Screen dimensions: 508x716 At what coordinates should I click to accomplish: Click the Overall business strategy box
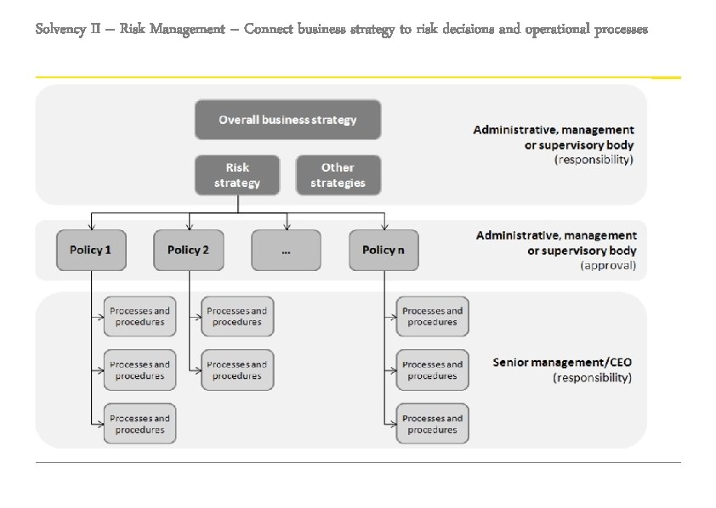pos(287,120)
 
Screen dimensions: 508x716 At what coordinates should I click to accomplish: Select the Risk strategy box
pos(237,175)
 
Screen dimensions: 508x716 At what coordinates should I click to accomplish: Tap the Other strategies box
pos(338,175)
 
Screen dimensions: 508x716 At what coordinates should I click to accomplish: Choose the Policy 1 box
pos(91,250)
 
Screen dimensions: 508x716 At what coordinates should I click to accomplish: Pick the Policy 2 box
pos(188,250)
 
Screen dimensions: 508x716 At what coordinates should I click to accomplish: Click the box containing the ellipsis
pos(286,250)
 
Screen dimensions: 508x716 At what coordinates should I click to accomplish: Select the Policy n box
pos(384,250)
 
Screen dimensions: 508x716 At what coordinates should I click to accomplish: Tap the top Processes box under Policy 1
pos(139,316)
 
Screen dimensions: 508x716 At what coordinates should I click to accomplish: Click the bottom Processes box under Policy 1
pos(139,424)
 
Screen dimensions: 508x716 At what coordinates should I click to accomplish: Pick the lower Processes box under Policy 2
pos(237,370)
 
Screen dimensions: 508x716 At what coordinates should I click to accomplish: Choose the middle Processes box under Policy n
pos(433,370)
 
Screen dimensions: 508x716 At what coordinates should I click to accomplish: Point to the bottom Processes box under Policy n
pos(433,424)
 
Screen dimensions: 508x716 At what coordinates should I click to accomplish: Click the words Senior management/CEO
pos(562,363)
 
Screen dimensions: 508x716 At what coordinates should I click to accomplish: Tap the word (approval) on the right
pos(607,266)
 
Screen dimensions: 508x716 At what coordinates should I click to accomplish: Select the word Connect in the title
pos(268,30)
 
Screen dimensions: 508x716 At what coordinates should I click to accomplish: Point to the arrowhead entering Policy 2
pos(189,227)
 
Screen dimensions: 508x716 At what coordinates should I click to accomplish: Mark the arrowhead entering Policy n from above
pos(384,227)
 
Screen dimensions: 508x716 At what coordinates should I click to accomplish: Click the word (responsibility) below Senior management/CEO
pos(592,377)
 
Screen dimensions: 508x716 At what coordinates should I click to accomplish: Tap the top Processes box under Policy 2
pos(237,316)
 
